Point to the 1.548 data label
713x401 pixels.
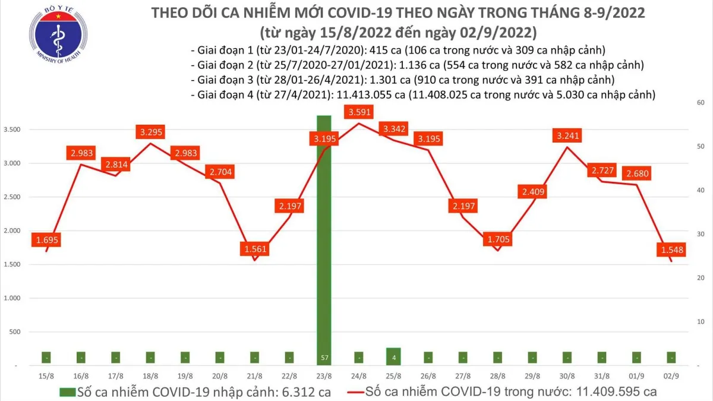(x=670, y=250)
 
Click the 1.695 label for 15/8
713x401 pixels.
(x=46, y=240)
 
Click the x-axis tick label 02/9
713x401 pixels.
(x=670, y=376)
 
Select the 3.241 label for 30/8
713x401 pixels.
(x=567, y=135)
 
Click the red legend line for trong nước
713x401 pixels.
(x=350, y=392)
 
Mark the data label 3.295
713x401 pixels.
(x=150, y=131)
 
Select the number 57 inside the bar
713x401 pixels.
(x=324, y=358)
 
